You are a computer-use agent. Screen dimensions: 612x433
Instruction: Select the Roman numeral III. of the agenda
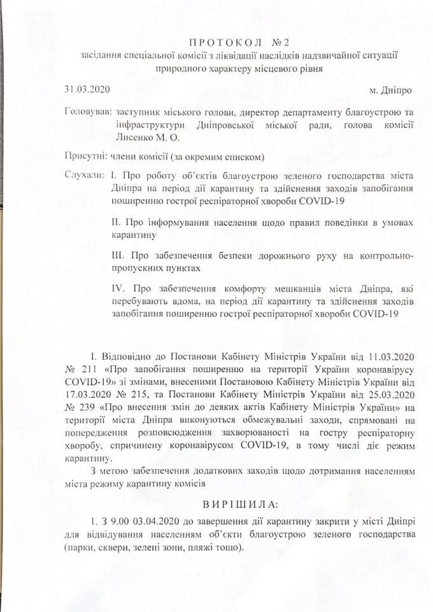[118, 256]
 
